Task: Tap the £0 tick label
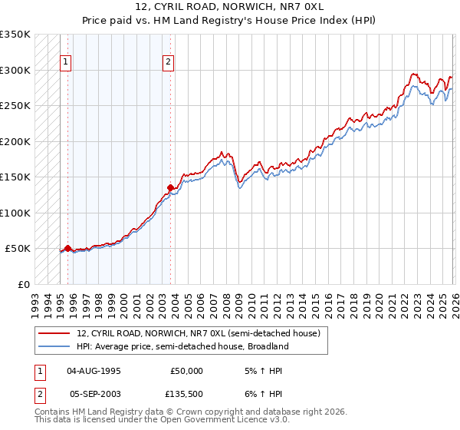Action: coord(24,284)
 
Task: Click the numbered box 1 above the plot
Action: coord(67,63)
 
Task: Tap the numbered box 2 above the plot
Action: coord(168,63)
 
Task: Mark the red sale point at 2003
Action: coord(170,187)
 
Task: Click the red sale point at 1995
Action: coord(67,248)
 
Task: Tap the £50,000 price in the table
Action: coord(187,371)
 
